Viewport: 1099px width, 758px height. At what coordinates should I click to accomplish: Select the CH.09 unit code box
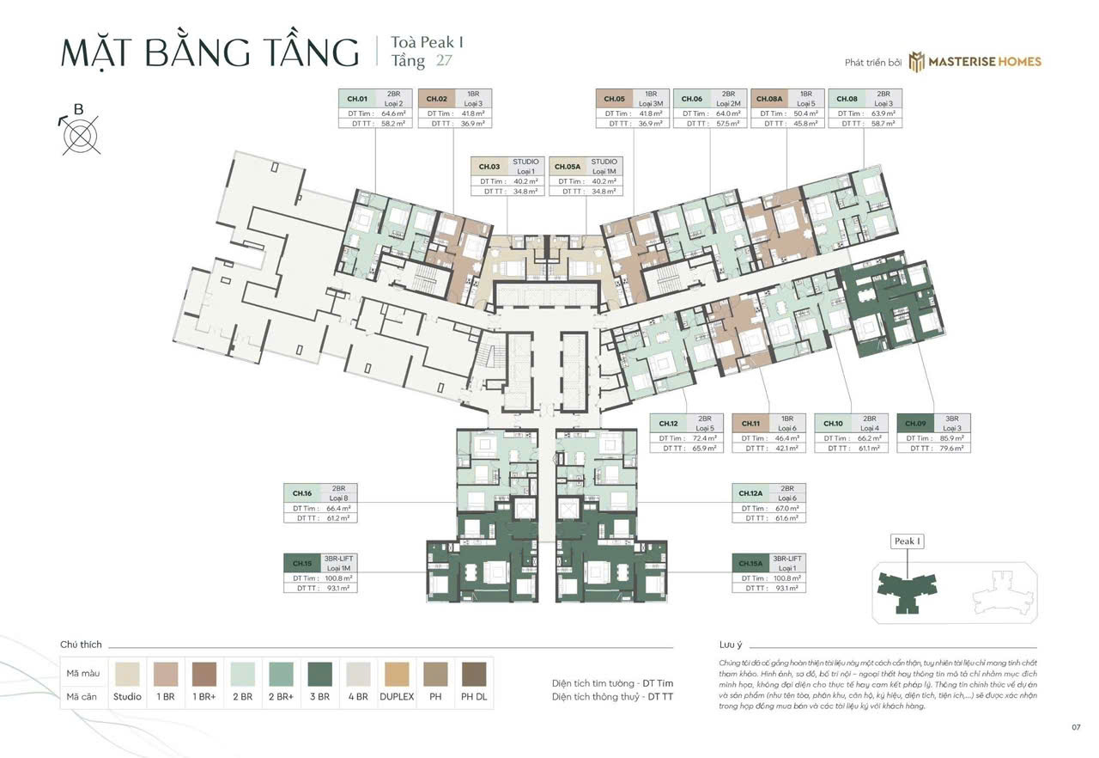[914, 423]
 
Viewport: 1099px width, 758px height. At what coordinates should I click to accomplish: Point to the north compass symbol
[80, 133]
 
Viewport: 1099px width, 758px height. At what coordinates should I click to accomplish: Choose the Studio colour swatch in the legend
[127, 672]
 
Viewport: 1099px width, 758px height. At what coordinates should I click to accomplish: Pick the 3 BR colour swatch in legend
[318, 672]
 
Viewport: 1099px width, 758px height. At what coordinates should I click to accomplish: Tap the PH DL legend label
[473, 697]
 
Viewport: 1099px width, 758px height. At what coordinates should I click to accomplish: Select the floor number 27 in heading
[444, 61]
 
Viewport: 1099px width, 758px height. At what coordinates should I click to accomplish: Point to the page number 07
[1075, 727]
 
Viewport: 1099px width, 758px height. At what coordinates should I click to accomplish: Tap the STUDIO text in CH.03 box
[525, 162]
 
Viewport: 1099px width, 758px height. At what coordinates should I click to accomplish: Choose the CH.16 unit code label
[302, 493]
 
